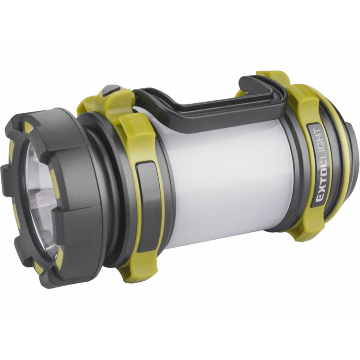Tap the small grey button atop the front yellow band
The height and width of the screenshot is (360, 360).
(x=111, y=90)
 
